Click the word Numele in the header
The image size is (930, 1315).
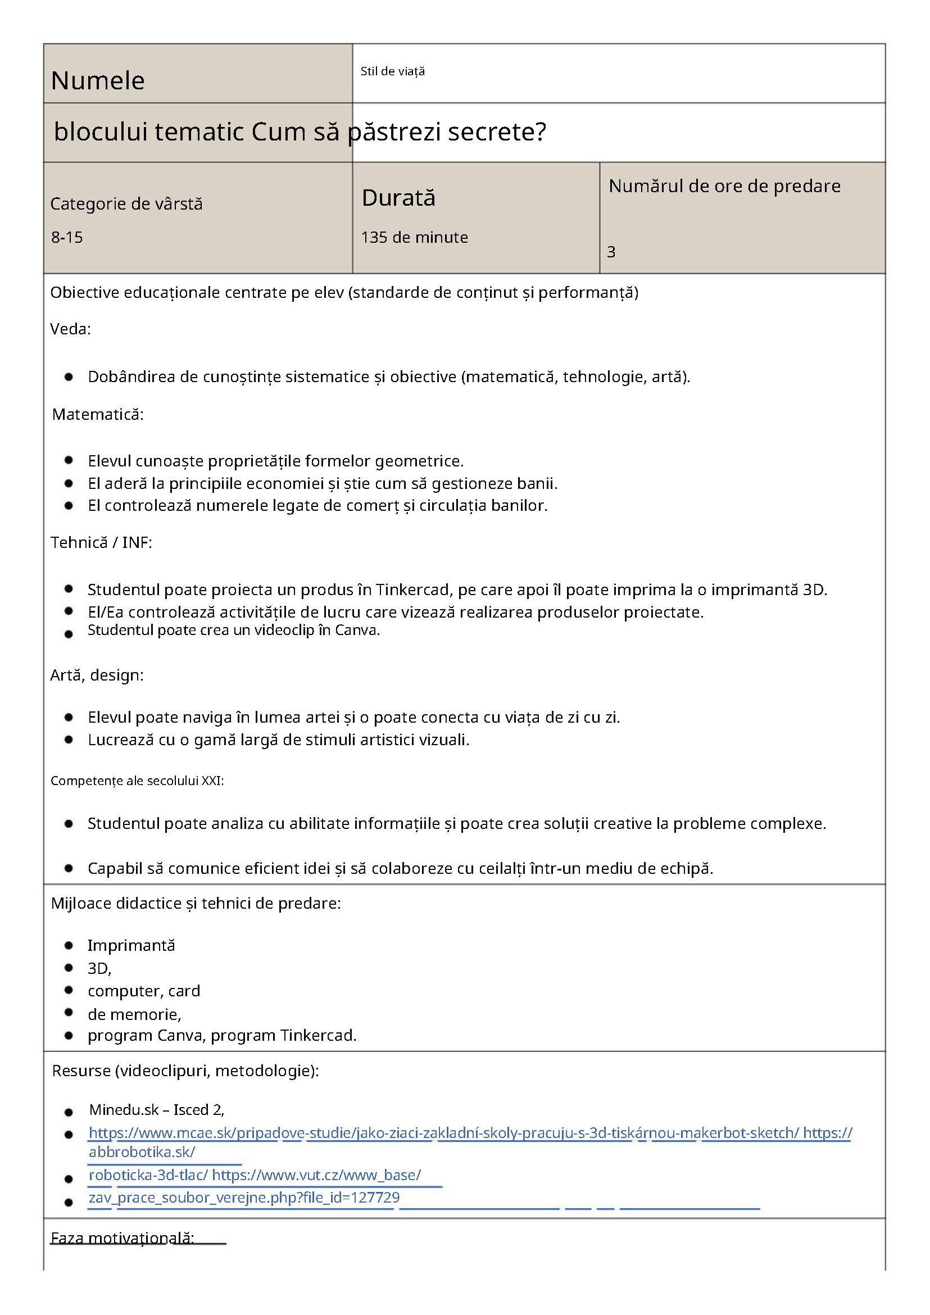pyautogui.click(x=98, y=81)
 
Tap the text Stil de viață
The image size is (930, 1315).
pyautogui.click(x=392, y=71)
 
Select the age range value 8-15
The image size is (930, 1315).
pyautogui.click(x=67, y=237)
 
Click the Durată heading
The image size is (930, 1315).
pyautogui.click(x=398, y=198)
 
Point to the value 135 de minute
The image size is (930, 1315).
pyautogui.click(x=414, y=237)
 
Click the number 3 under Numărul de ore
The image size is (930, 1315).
pyautogui.click(x=611, y=252)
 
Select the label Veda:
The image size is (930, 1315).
pyautogui.click(x=70, y=329)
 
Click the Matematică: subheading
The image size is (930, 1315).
pyautogui.click(x=98, y=415)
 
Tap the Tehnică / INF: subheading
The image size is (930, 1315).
pyautogui.click(x=101, y=542)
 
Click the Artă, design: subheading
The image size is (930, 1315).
pyautogui.click(x=97, y=675)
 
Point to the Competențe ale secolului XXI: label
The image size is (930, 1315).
pyautogui.click(x=138, y=781)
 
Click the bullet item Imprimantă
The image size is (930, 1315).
pyautogui.click(x=131, y=946)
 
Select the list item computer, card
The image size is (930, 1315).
pyautogui.click(x=144, y=991)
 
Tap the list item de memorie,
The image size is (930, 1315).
pyautogui.click(x=134, y=1014)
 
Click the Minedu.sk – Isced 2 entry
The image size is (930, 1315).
pyautogui.click(x=156, y=1110)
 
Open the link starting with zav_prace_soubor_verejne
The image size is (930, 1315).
pyautogui.click(x=244, y=1198)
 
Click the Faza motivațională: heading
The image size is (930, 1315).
pyautogui.click(x=123, y=1238)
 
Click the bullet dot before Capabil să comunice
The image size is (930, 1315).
pyautogui.click(x=69, y=868)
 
